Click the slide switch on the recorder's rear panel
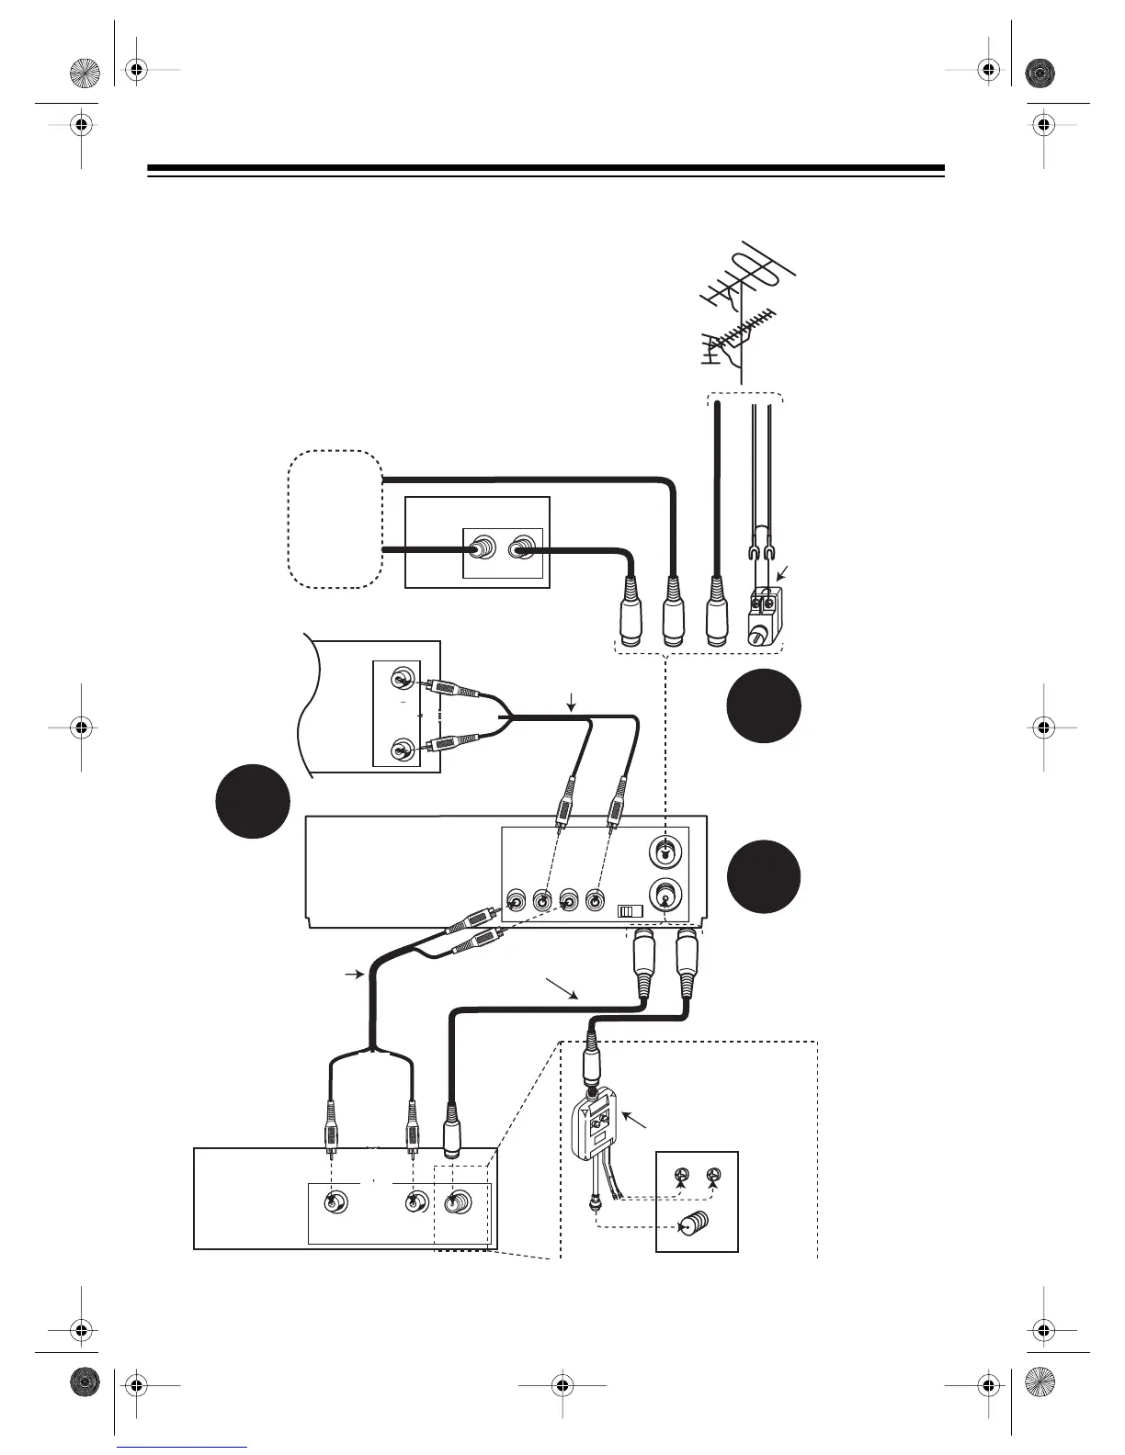[630, 911]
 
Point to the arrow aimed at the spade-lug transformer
[781, 575]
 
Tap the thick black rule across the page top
[546, 169]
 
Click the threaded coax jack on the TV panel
[458, 1202]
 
